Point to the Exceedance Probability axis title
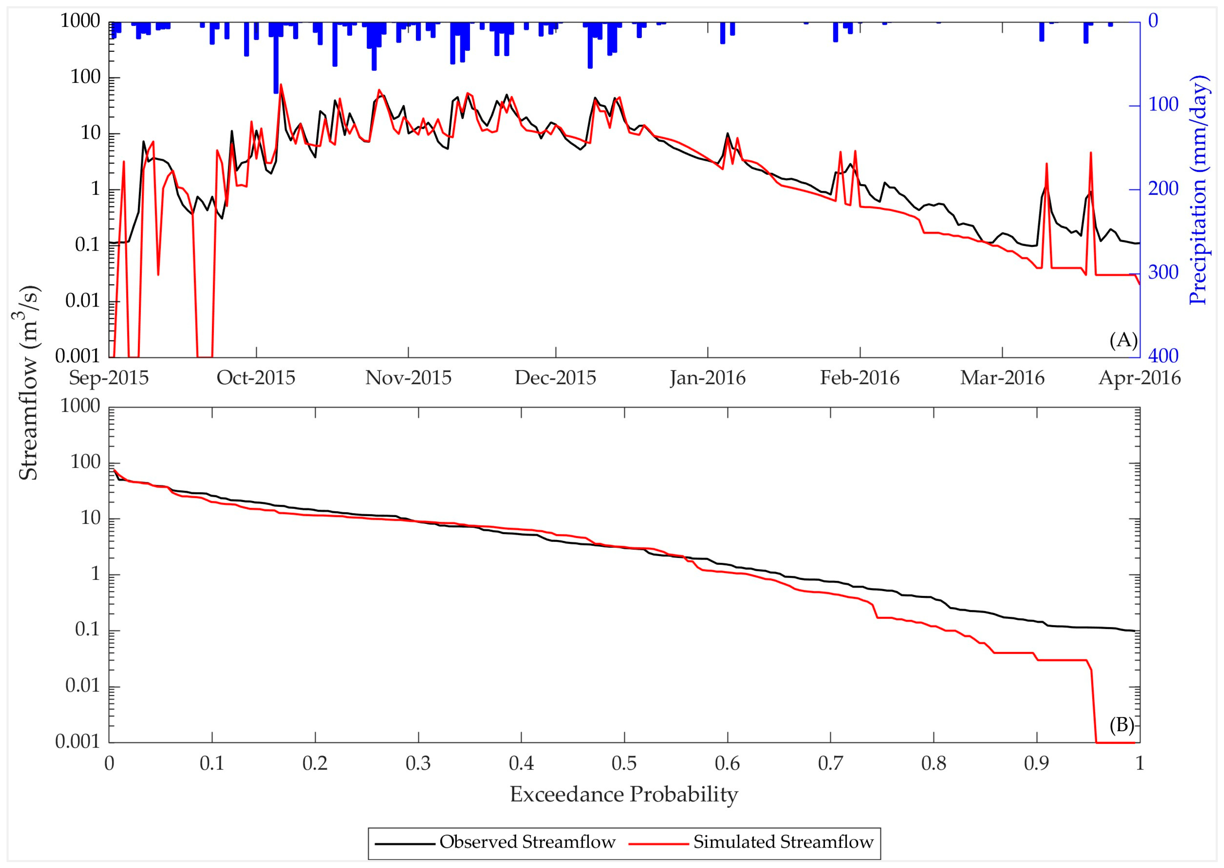click(624, 794)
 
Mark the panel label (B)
click(1121, 725)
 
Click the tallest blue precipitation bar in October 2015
click(276, 59)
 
